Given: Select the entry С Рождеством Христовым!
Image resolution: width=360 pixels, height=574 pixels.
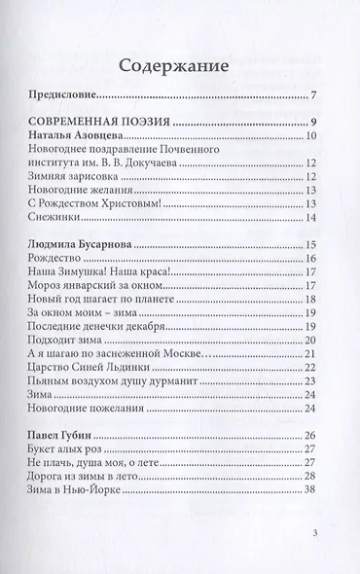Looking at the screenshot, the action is pos(94,203).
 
